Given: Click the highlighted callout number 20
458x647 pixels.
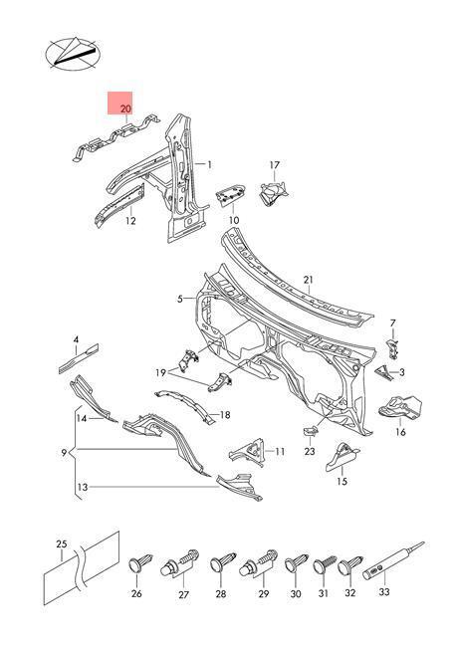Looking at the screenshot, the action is [x=125, y=108].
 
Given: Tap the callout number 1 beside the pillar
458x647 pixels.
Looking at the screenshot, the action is [x=209, y=164].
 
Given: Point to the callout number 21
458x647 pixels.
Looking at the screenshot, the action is [x=309, y=280].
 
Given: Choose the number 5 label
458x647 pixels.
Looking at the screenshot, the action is [x=180, y=299].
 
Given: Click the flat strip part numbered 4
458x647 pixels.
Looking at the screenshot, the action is [x=79, y=358].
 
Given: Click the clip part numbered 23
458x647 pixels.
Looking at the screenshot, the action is [x=310, y=430].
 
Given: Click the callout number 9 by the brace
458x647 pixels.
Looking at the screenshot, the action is [x=64, y=453].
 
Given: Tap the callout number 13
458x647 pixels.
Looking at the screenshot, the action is [x=83, y=488].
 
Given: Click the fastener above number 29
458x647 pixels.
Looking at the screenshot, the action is [x=258, y=563].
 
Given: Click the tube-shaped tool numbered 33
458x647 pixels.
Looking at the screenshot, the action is [x=393, y=561].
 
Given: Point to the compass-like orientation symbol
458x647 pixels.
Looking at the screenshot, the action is [x=73, y=54].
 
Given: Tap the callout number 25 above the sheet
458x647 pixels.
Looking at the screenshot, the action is [x=62, y=544].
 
